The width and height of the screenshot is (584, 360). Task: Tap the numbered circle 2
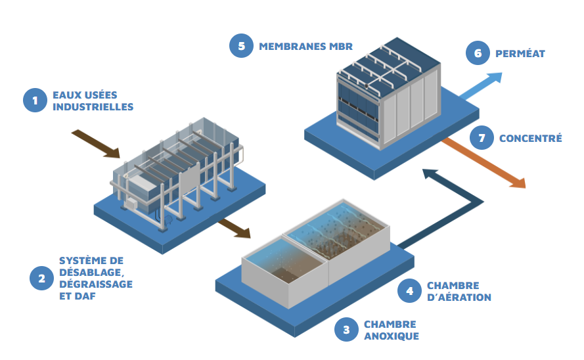point(41,278)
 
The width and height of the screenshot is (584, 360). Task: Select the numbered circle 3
point(346,330)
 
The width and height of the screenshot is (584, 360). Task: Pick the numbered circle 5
point(241,46)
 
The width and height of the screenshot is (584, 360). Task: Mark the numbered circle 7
point(482,138)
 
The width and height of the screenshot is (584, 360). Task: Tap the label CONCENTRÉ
point(530,139)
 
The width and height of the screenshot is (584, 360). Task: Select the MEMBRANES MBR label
point(306,47)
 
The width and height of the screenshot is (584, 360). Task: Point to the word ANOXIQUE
point(391,336)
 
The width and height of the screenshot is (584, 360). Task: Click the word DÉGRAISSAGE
point(96,284)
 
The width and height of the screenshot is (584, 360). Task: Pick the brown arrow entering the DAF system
point(96,144)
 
